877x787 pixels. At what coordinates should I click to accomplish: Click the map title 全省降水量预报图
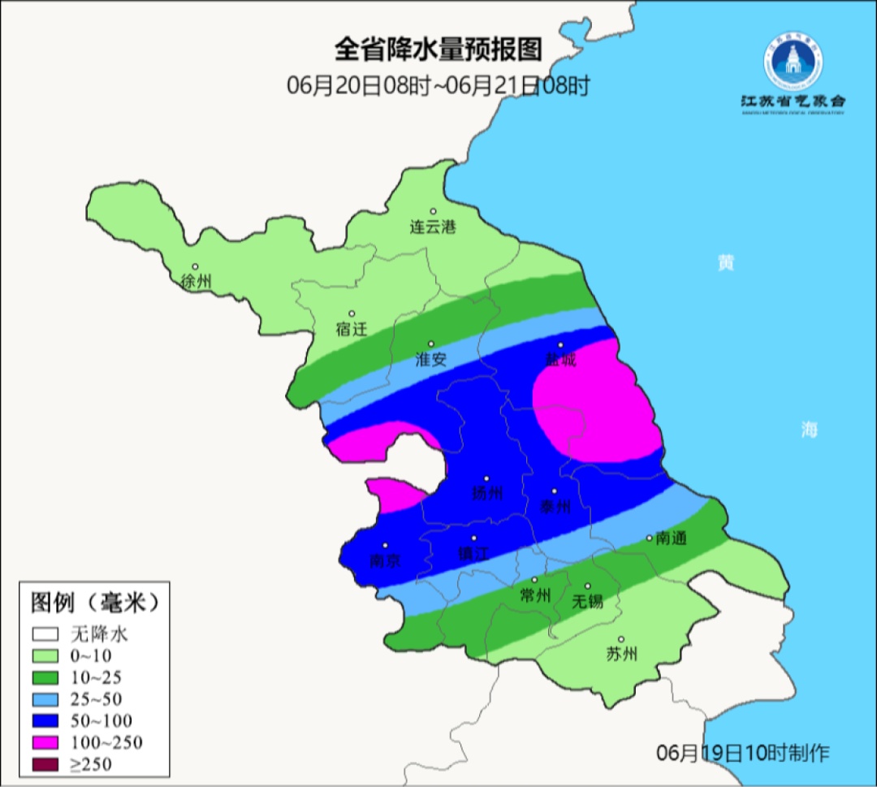pos(438,50)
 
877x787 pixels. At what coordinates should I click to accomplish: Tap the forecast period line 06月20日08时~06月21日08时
pos(438,86)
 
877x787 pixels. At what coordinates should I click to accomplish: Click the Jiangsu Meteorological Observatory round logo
pos(793,63)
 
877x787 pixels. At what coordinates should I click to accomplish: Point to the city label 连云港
pos(433,227)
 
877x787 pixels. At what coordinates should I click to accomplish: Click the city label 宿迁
pos(352,329)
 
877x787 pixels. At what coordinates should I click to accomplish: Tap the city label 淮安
pos(430,359)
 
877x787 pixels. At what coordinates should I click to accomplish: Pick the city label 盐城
pos(559,359)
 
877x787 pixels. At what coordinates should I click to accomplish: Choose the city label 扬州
pos(487,493)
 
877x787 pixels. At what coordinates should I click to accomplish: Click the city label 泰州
pos(555,506)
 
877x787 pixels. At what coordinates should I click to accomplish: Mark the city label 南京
pos(385,560)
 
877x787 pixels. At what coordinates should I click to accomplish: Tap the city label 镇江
pos(474,553)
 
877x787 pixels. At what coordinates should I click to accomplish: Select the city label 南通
pos(672,538)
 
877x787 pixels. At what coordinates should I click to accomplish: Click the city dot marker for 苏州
pos(621,639)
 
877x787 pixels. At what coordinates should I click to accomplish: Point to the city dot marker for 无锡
pos(587,586)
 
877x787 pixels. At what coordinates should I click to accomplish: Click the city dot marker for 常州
pos(534,580)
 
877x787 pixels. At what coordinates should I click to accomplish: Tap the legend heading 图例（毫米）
pos(93,603)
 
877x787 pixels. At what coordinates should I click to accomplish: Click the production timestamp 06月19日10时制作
pos(743,753)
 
